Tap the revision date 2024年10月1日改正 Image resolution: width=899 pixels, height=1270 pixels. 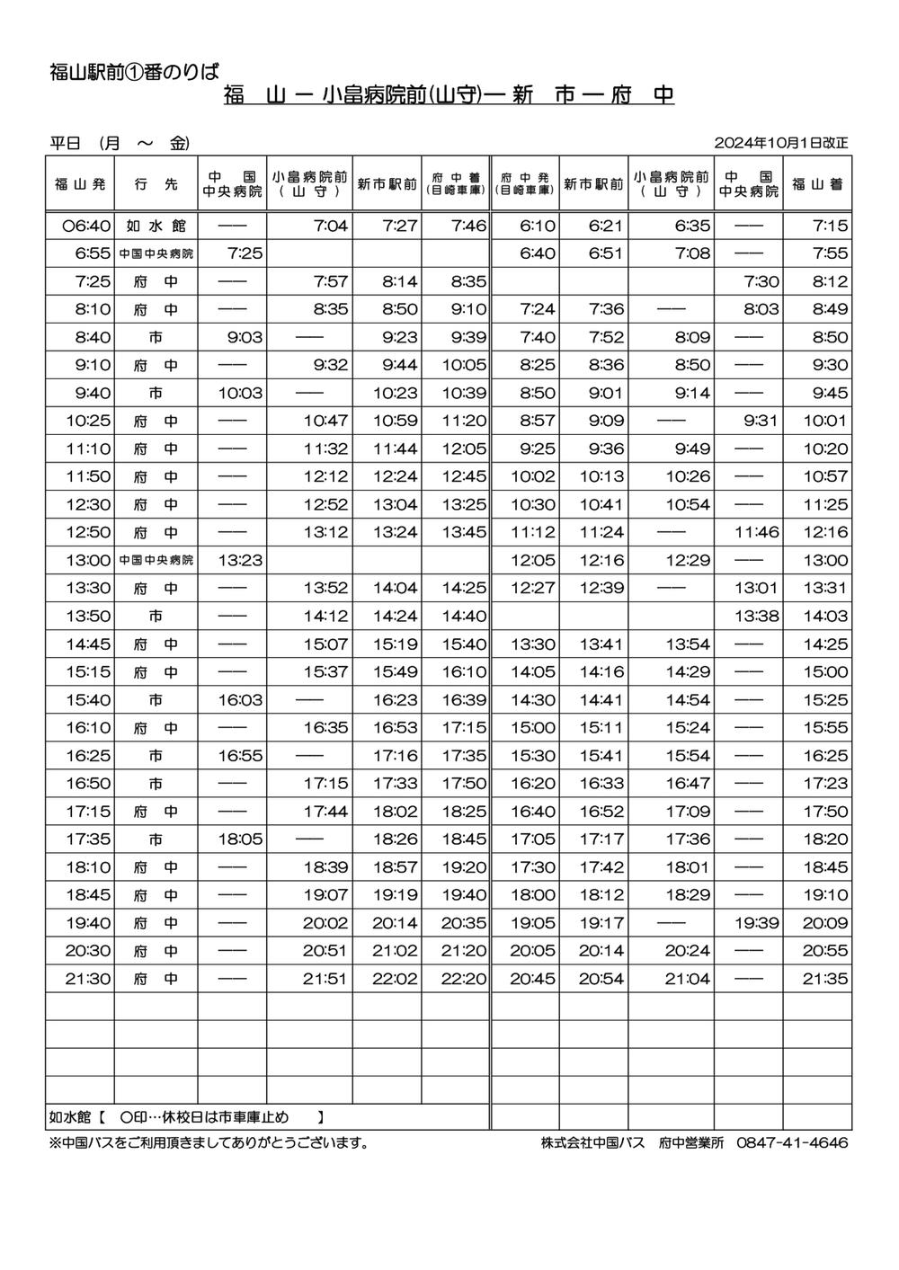click(781, 143)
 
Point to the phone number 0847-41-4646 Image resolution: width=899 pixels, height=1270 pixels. click(792, 1143)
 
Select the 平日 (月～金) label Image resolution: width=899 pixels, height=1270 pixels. click(120, 143)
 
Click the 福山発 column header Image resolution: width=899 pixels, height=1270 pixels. click(80, 184)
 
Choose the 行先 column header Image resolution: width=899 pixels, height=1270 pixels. click(156, 184)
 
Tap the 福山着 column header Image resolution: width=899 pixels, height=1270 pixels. click(817, 184)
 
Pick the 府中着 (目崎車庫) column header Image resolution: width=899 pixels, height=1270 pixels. click(455, 184)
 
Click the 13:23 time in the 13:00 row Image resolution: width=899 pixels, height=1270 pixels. click(240, 560)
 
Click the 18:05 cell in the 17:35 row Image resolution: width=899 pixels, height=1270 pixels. click(240, 839)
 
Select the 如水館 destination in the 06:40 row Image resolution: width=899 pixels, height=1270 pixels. click(156, 226)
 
